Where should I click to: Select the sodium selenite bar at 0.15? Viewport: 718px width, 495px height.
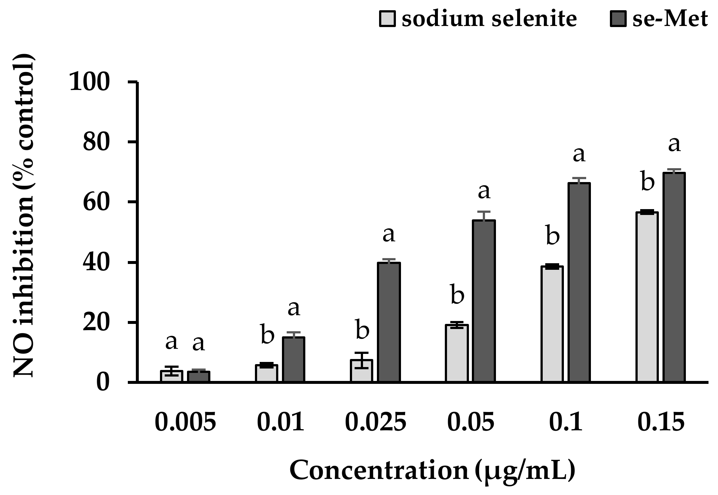pyautogui.click(x=647, y=297)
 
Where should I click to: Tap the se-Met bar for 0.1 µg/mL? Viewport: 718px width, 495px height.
pyautogui.click(x=579, y=282)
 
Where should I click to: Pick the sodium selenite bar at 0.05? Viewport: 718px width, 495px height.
pyautogui.click(x=457, y=353)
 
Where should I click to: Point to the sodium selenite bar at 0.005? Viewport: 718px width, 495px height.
pyautogui.click(x=171, y=376)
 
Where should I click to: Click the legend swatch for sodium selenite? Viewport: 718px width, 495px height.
pyautogui.click(x=387, y=19)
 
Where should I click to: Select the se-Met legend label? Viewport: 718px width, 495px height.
pyautogui.click(x=670, y=18)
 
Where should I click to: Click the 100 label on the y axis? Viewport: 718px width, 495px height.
pyautogui.click(x=89, y=82)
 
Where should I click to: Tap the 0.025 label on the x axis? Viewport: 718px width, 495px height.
pyautogui.click(x=375, y=422)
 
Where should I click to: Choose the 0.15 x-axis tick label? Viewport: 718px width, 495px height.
pyautogui.click(x=661, y=422)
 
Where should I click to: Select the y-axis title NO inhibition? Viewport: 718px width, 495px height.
pyautogui.click(x=24, y=216)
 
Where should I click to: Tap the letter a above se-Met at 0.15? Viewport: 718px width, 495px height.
pyautogui.click(x=674, y=144)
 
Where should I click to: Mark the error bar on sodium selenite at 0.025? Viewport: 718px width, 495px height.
pyautogui.click(x=362, y=360)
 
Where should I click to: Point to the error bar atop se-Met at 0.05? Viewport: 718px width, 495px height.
pyautogui.click(x=484, y=216)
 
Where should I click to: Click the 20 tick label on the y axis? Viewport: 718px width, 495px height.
pyautogui.click(x=96, y=322)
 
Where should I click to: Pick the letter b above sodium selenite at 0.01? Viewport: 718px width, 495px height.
pyautogui.click(x=267, y=335)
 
